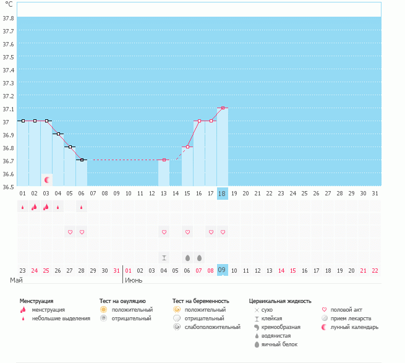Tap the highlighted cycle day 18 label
223,194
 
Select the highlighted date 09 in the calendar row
223,270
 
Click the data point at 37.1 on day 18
223,108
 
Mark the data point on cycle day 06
82,160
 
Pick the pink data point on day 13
164,160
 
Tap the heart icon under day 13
164,232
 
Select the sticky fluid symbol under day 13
164,257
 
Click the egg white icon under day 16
199,257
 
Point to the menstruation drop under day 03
46,207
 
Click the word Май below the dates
17,280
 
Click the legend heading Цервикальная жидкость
280,301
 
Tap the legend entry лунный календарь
354,327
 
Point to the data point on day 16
199,121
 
